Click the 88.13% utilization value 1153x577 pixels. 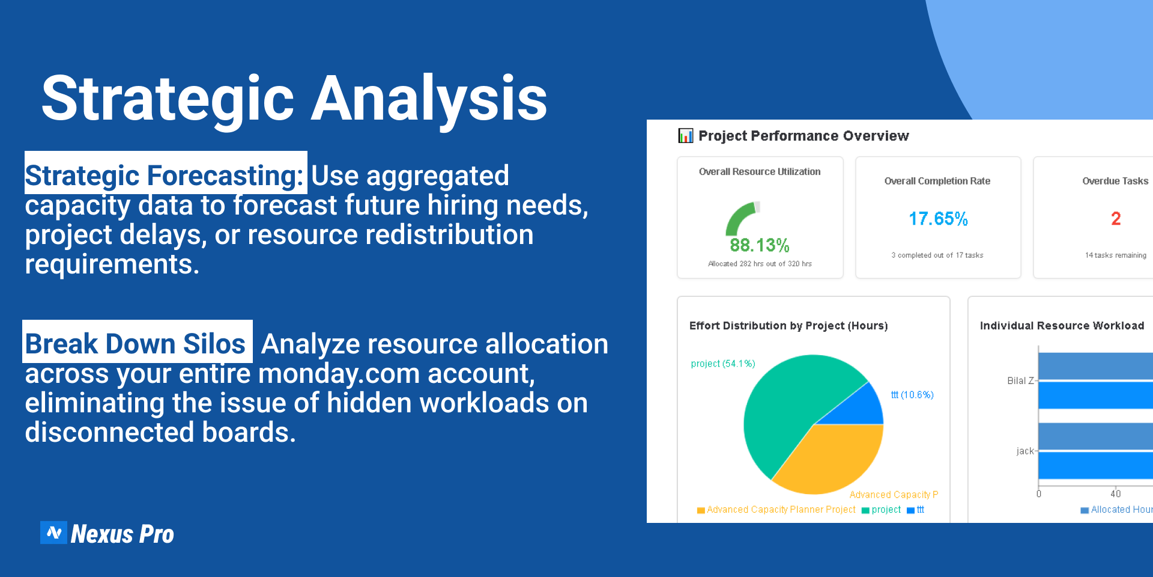[760, 245]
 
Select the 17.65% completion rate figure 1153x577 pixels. [938, 219]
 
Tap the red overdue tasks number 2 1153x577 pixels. [1116, 219]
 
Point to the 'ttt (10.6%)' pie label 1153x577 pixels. [912, 395]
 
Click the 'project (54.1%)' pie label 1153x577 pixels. [723, 364]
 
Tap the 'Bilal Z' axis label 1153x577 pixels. [1020, 380]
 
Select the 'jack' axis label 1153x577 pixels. [1025, 451]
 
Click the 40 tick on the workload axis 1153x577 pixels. [1116, 494]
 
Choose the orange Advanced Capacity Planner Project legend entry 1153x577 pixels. [776, 510]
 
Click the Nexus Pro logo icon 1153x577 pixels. [53, 533]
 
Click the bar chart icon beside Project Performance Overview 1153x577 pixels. [685, 136]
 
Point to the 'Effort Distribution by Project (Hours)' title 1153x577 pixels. [788, 326]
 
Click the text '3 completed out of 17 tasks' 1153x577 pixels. [937, 255]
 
